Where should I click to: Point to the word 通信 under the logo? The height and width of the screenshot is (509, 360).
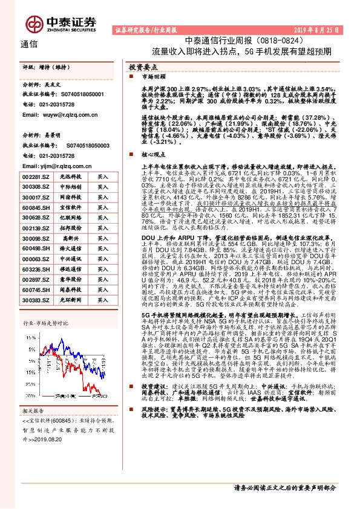coord(29,44)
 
